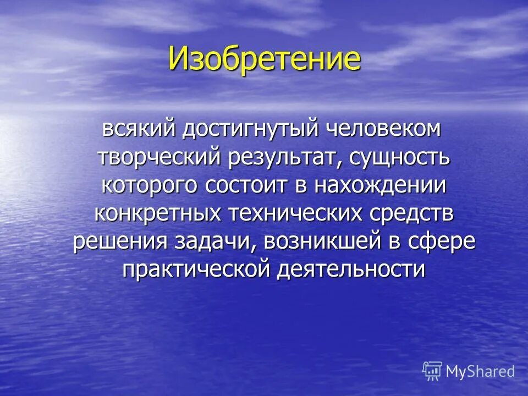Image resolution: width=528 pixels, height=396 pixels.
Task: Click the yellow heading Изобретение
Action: coord(265,58)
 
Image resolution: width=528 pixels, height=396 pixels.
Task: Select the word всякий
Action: coord(138,129)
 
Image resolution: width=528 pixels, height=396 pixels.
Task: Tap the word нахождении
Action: coord(380,185)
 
